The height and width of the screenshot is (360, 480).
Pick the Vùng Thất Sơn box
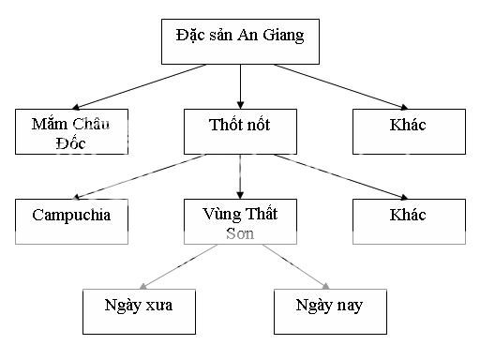coord(240,221)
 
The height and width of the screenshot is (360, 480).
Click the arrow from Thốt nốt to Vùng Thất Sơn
coord(240,176)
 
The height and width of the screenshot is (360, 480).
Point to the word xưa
coord(156,305)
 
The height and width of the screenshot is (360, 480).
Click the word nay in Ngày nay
coord(347,306)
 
